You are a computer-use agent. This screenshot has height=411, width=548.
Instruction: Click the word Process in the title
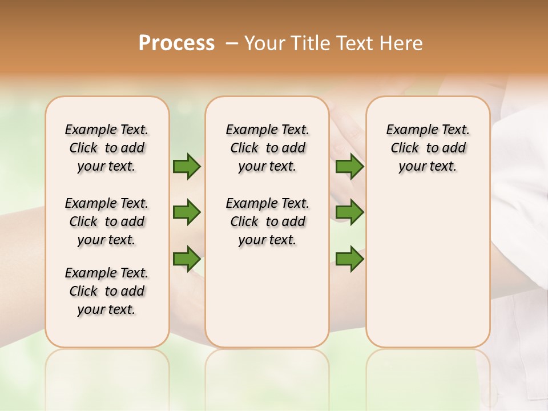[176, 43]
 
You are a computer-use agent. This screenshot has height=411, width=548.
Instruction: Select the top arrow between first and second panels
[187, 167]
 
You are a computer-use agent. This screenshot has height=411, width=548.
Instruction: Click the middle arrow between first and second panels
[187, 213]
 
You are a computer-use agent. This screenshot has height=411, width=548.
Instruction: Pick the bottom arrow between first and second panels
[187, 259]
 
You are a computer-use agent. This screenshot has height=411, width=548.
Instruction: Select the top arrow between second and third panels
[349, 167]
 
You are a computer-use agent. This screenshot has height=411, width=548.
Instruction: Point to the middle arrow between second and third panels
[349, 213]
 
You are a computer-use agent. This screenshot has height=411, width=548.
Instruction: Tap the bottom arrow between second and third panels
[349, 259]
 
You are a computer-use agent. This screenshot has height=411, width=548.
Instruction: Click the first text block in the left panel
[107, 148]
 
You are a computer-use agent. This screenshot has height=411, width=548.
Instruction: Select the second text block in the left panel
[107, 221]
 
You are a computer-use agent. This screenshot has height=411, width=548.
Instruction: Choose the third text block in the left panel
[107, 291]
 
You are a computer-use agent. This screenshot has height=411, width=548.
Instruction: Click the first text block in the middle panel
[268, 148]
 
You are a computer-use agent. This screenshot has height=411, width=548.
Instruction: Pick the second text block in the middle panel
[268, 221]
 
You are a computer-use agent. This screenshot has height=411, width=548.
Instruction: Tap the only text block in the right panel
[428, 148]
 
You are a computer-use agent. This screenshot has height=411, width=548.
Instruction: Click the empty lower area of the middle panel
[268, 297]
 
